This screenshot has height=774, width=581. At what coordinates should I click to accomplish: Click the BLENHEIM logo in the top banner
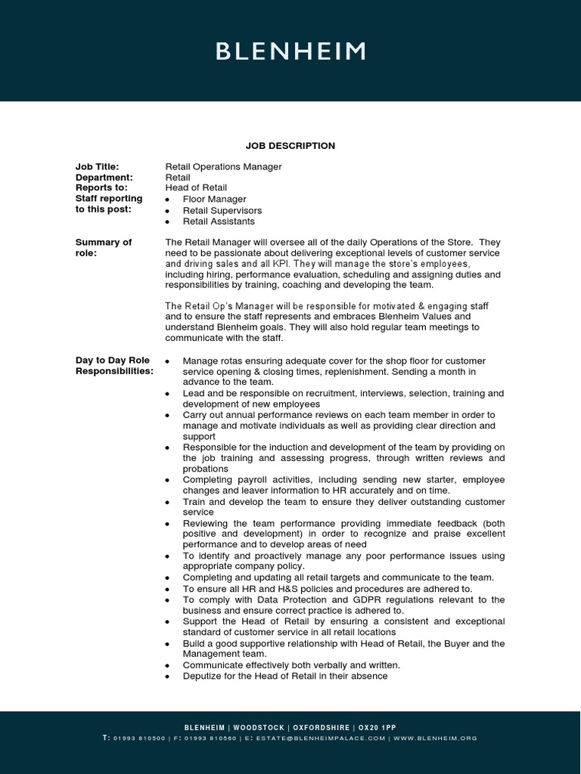(x=290, y=51)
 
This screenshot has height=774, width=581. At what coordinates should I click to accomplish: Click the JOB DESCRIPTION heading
(x=290, y=146)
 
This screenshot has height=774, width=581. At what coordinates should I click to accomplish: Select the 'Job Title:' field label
(x=98, y=166)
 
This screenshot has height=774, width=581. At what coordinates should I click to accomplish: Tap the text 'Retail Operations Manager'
(x=223, y=166)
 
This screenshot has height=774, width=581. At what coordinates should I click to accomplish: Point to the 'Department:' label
(x=104, y=177)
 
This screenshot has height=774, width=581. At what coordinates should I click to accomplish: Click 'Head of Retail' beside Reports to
(x=196, y=187)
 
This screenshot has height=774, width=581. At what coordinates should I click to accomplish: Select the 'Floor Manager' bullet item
(x=215, y=200)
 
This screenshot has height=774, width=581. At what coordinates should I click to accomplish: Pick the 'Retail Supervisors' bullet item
(x=222, y=211)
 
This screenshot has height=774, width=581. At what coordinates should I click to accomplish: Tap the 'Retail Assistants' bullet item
(x=219, y=221)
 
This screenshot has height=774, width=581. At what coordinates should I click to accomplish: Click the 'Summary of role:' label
(x=103, y=247)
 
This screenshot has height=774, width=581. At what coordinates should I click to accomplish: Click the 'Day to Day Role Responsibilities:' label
(x=113, y=366)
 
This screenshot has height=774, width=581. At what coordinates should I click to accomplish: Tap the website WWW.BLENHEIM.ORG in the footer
(x=435, y=738)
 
